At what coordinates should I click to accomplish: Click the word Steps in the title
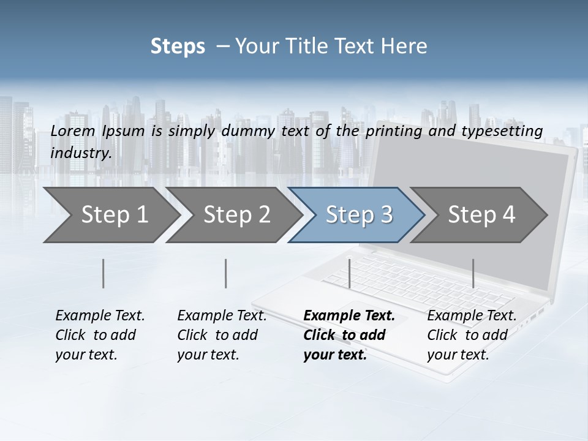click(178, 47)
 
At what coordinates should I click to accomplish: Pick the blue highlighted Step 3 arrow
click(358, 215)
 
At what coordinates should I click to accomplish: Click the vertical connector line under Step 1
click(104, 273)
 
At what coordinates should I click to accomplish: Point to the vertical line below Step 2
click(226, 273)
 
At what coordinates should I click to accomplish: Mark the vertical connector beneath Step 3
click(349, 273)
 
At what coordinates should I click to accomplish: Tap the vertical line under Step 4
click(473, 273)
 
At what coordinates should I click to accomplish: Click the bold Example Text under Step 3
click(349, 335)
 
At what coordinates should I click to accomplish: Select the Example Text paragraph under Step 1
click(100, 335)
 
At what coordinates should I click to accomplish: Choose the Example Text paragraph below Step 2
click(222, 335)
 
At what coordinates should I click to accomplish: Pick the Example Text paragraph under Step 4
click(472, 335)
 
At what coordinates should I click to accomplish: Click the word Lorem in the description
click(73, 131)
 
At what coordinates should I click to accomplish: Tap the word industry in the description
click(81, 153)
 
